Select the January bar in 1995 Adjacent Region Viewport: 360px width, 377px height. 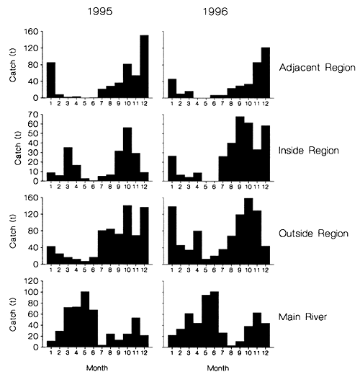[50, 80]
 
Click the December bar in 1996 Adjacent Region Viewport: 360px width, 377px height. [266, 73]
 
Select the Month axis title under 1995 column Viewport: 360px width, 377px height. [97, 368]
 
